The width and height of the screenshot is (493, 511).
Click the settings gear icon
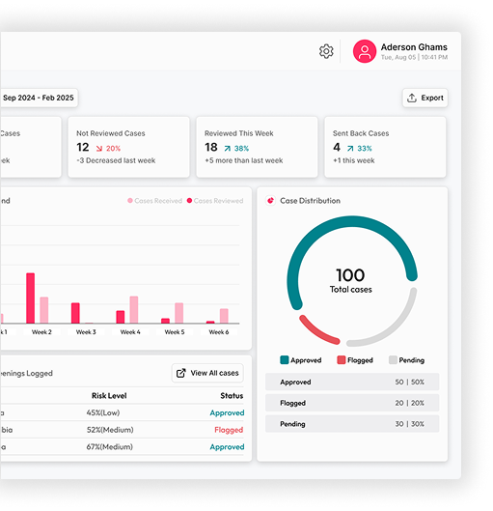(326, 51)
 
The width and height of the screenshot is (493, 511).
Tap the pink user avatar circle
(364, 51)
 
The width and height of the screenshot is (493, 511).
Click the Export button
(425, 98)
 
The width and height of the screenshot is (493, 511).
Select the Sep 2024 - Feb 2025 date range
(39, 98)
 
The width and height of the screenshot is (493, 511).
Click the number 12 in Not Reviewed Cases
(83, 148)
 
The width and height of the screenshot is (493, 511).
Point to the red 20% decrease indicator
(107, 149)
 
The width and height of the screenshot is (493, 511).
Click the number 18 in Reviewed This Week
(211, 148)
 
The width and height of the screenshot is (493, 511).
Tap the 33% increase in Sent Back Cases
(358, 148)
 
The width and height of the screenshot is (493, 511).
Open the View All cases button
(206, 373)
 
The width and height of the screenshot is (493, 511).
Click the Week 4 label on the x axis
(130, 332)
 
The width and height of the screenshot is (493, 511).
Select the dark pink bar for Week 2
(30, 298)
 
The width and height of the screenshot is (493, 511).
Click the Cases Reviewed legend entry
(214, 201)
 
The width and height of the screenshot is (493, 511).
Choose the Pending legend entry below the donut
(406, 359)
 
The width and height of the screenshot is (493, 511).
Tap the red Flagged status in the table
(228, 430)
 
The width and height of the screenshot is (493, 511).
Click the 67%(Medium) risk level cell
(110, 447)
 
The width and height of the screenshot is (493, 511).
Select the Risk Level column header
(110, 395)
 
